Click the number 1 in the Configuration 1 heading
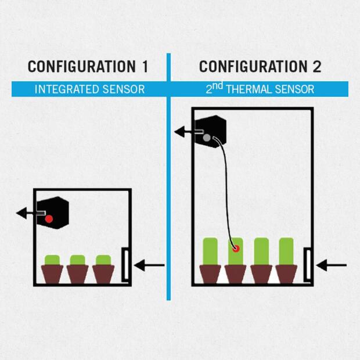pyautogui.click(x=144, y=66)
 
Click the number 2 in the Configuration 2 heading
pyautogui.click(x=316, y=66)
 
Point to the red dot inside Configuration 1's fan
pyautogui.click(x=49, y=219)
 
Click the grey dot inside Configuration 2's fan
pyautogui.click(x=206, y=138)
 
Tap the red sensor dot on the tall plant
pyautogui.click(x=236, y=249)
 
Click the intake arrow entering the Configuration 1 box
pyautogui.click(x=150, y=266)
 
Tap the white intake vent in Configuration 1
pyautogui.click(x=125, y=265)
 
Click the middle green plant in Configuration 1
pyautogui.click(x=77, y=260)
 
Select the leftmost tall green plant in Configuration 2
pyautogui.click(x=211, y=251)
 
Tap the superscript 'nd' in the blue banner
pyautogui.click(x=219, y=85)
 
